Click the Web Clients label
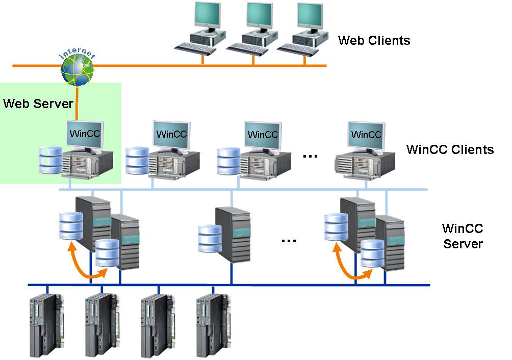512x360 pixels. (374, 40)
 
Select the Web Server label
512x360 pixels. (38, 104)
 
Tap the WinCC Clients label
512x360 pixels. (450, 149)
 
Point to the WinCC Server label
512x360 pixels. (463, 236)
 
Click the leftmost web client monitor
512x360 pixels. (209, 17)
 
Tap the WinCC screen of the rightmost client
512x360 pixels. (366, 135)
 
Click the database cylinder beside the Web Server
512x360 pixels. (51, 160)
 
